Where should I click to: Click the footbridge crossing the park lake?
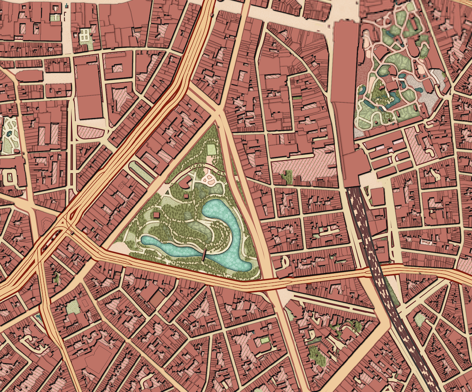204,256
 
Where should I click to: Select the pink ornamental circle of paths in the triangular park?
210,179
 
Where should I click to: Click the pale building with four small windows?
86,35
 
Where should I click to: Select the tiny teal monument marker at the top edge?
66,6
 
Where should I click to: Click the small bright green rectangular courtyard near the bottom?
265,340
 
